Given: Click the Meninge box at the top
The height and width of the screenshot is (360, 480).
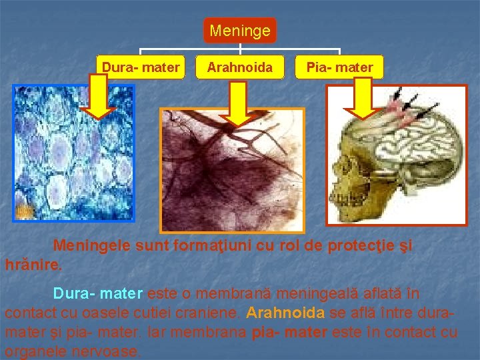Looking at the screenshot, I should click(240, 31).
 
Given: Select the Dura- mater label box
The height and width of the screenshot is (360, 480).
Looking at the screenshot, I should click(141, 67).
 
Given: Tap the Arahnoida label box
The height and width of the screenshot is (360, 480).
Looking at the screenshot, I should click(239, 67).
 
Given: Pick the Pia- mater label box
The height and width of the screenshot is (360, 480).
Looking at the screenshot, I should click(339, 67).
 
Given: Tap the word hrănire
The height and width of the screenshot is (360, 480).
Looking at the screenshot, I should click(33, 264).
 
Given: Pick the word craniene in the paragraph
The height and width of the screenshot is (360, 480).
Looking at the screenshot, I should click(211, 312).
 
